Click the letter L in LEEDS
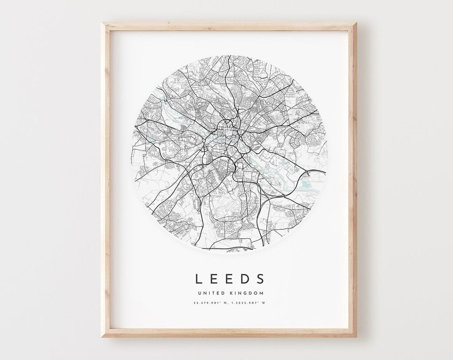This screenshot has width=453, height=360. pos(199,279)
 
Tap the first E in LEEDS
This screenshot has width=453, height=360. pos(214,279)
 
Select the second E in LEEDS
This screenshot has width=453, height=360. pos(230,279)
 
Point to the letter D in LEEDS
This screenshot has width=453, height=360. pos(245,279)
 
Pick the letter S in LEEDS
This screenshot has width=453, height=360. pos(260,279)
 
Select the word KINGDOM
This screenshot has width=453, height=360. pos(246,293)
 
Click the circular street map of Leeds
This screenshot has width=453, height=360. pos(229,153)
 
